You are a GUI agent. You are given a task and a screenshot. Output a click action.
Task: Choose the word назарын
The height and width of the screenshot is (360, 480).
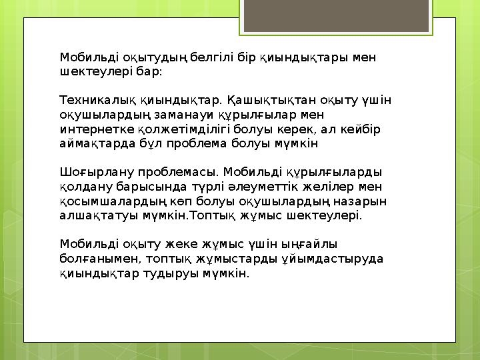(x=364, y=201)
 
